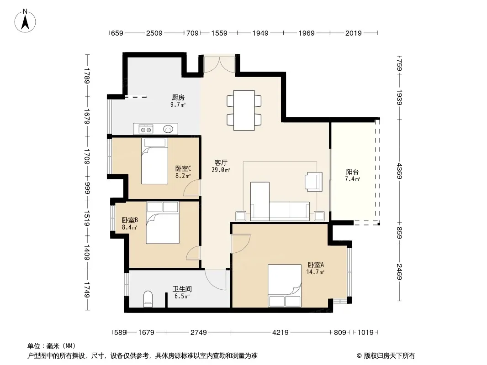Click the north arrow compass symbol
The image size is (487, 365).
25,21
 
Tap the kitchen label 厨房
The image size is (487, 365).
178,98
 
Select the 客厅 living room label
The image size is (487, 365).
221,162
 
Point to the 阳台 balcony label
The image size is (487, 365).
352,172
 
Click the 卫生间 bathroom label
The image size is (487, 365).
182,289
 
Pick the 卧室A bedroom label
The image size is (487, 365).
316,265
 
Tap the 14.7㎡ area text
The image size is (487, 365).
315,272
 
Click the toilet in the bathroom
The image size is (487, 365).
148,299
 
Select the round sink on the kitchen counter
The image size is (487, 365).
168,129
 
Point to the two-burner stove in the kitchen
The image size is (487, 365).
146,129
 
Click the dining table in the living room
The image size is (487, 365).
244,110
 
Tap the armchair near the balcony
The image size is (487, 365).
314,182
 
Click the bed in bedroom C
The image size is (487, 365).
155,161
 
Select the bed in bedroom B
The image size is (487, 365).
163,223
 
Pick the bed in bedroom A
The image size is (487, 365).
285,286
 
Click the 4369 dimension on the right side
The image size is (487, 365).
399,171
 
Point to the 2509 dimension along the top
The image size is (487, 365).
154,33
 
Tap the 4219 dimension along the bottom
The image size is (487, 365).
281,333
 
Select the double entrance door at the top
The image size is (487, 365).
219,64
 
